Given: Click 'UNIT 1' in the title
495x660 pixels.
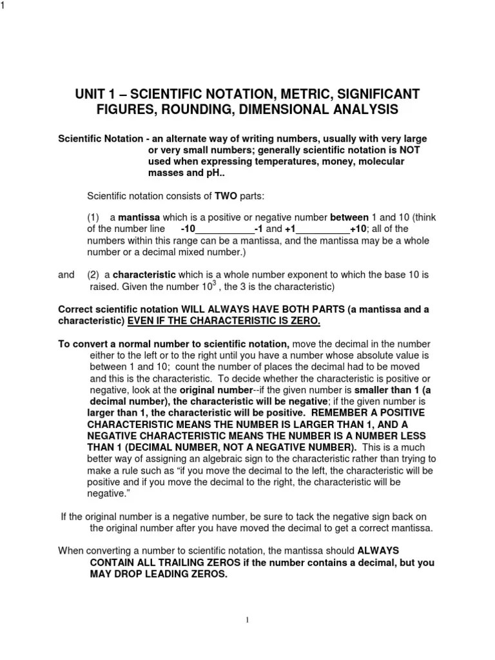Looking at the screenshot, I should tap(99, 95).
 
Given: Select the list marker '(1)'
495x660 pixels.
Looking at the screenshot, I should tap(94, 217).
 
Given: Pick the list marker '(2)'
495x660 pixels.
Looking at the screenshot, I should tap(94, 275).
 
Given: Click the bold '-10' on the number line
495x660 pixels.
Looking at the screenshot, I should tap(188, 229).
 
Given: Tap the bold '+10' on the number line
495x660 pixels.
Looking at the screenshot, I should tap(358, 229).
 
